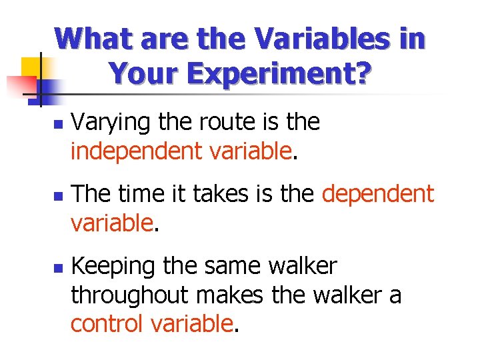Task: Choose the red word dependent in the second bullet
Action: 378,195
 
